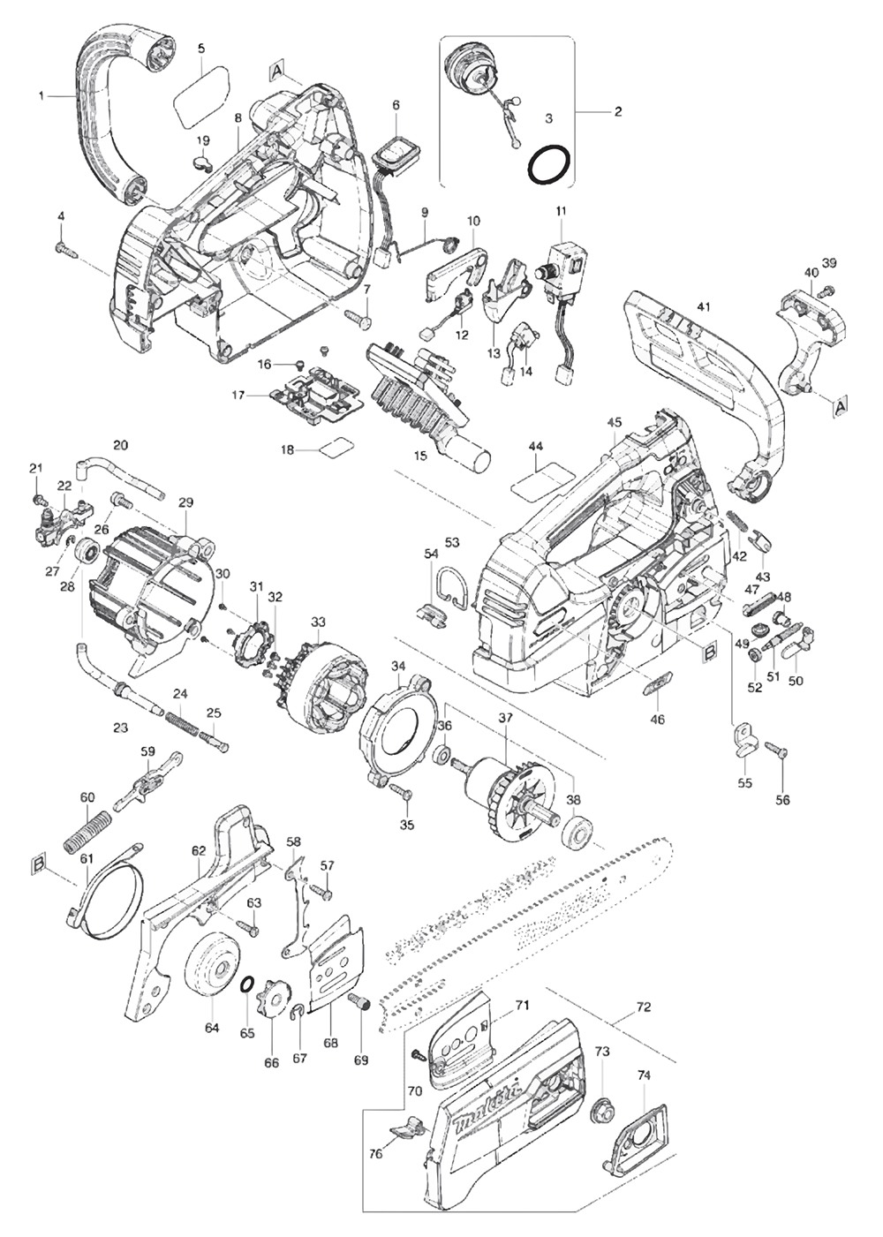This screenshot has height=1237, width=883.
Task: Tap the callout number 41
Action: click(704, 306)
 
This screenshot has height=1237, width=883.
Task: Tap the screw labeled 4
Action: click(64, 249)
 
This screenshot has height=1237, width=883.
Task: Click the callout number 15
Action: click(420, 456)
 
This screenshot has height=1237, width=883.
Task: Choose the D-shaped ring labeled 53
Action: click(451, 587)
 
